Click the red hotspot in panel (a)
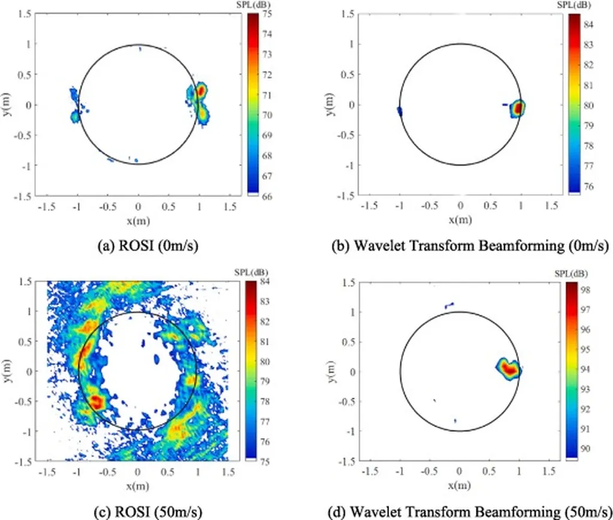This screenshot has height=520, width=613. click(x=201, y=90)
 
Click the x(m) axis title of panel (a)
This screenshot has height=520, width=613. click(x=138, y=219)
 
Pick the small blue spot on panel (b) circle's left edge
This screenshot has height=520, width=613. click(x=399, y=111)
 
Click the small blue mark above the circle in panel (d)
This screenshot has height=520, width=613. click(x=450, y=306)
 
